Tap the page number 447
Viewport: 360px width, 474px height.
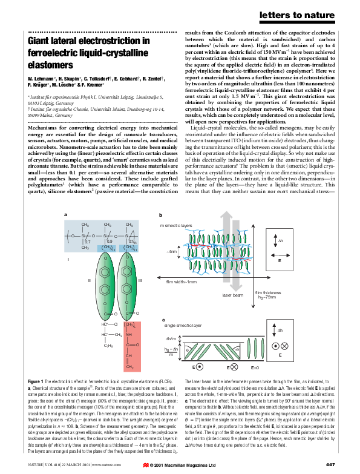[330, 464]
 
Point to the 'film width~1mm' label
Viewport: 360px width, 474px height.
[182, 281]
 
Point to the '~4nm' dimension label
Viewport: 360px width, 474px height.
[171, 250]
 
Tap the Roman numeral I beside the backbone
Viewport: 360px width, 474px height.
[68, 258]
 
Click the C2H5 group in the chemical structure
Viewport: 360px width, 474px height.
[107, 346]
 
